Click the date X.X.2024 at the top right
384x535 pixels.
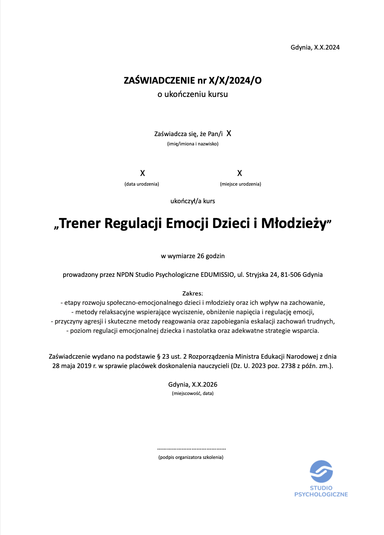click(x=327, y=47)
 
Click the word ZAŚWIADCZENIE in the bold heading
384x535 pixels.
click(x=159, y=80)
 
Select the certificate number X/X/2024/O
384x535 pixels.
click(x=235, y=80)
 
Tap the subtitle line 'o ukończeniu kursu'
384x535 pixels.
click(x=192, y=94)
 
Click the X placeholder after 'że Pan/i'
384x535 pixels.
click(x=229, y=134)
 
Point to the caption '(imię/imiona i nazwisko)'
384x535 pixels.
click(x=192, y=144)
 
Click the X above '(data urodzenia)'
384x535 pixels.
click(x=142, y=173)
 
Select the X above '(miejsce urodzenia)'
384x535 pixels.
click(x=239, y=173)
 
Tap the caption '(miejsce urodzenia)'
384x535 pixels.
click(x=240, y=184)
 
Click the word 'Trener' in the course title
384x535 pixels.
click(x=80, y=223)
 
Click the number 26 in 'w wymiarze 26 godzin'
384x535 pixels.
click(x=201, y=256)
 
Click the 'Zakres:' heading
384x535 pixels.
click(x=192, y=293)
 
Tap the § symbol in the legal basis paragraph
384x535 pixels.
click(x=159, y=357)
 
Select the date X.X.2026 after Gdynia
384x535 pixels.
click(x=204, y=385)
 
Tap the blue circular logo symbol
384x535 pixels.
click(x=321, y=471)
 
